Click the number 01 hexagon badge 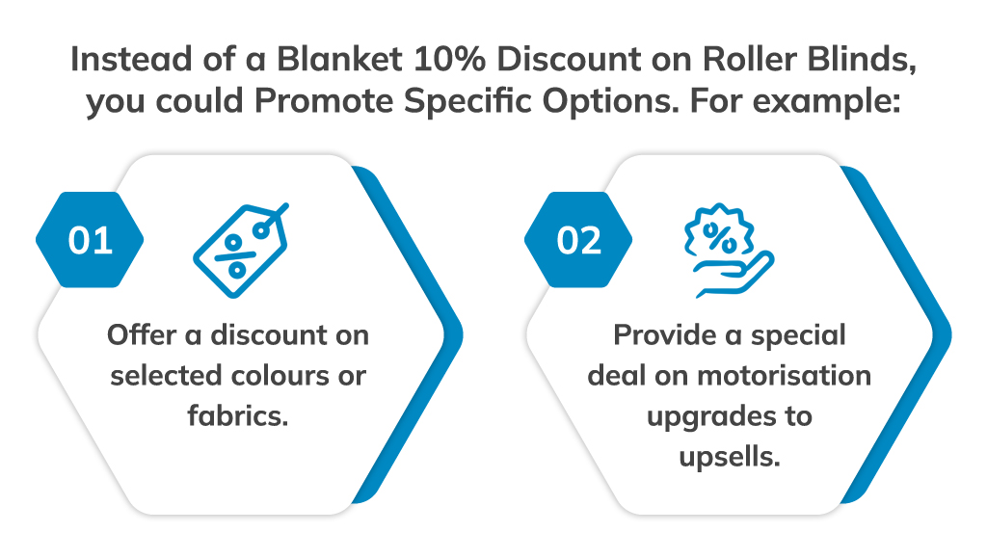coord(90,240)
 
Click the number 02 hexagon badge coord(578,240)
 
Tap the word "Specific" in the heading coord(523,102)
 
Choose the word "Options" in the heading coord(665,102)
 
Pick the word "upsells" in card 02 coord(728,457)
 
